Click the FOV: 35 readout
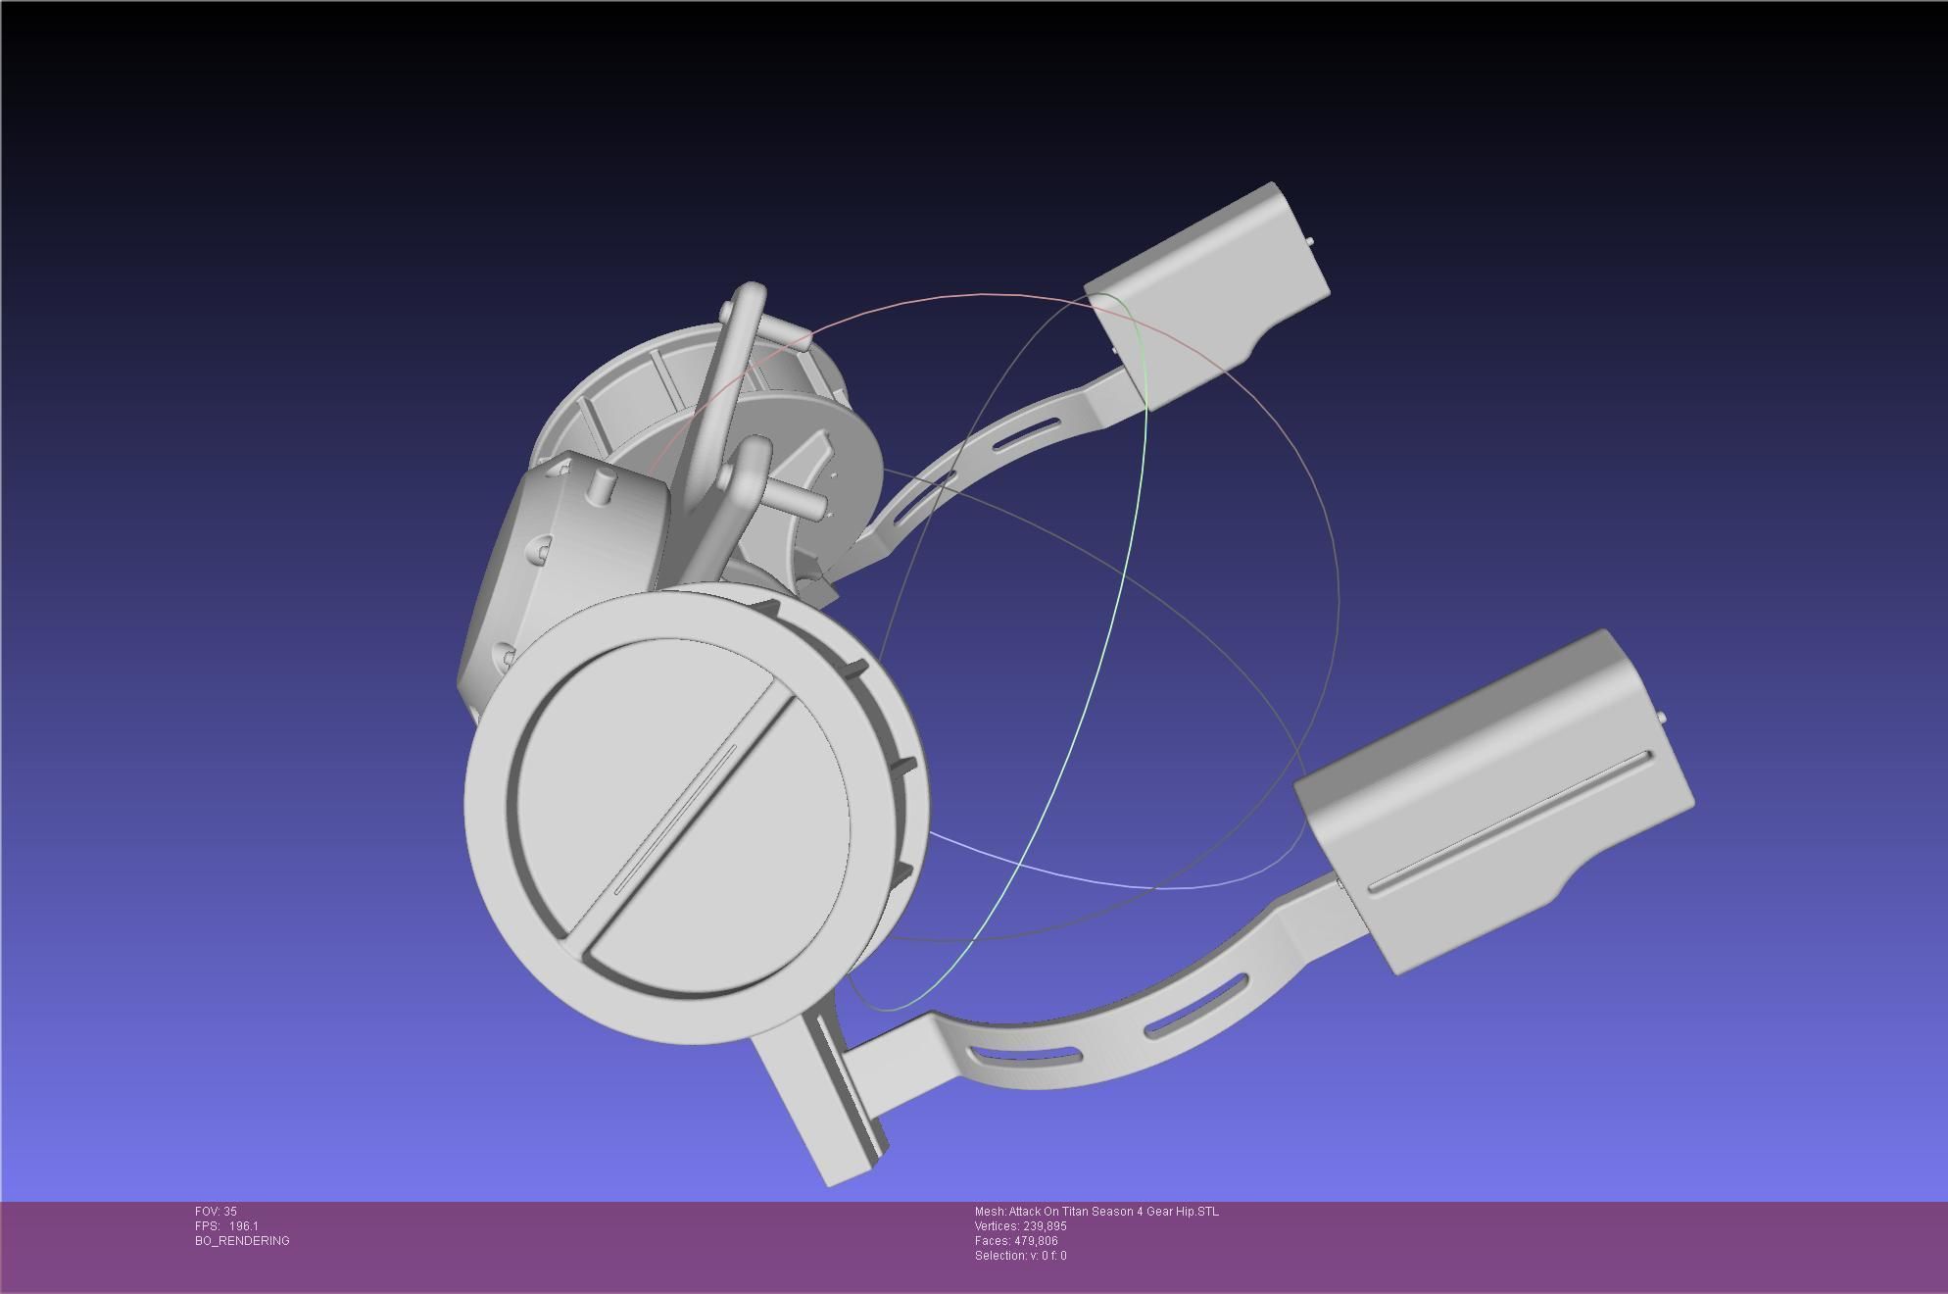coord(216,1212)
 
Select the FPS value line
coord(226,1226)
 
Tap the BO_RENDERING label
coord(242,1241)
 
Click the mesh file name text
coord(1096,1212)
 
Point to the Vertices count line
coord(1020,1226)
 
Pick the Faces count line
coord(1016,1241)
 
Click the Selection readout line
coord(1020,1256)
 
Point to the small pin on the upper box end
coord(1312,242)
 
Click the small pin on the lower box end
coord(1663,720)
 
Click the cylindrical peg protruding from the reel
coord(799,498)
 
